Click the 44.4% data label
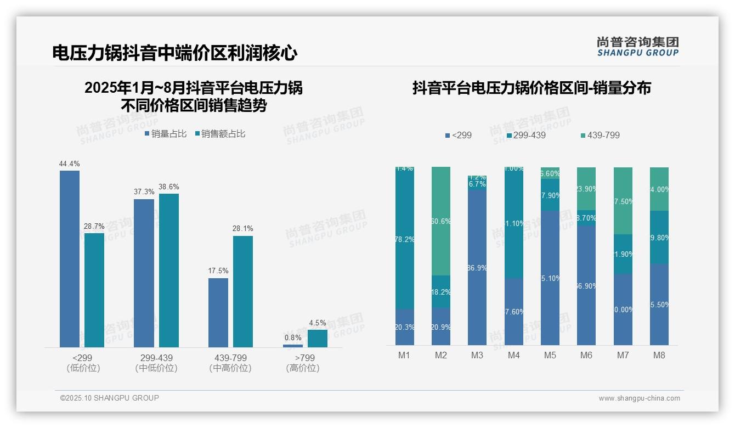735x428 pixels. coord(70,164)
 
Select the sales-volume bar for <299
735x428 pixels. coord(70,258)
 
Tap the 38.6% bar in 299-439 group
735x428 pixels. coord(169,270)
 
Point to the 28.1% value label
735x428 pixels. coord(242,228)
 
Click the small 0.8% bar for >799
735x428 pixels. coord(293,346)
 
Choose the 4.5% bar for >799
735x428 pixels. coord(318,339)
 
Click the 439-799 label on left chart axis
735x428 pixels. coord(230,358)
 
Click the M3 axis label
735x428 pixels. coord(477,355)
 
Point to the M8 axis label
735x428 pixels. coord(659,355)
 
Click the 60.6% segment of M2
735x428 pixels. coord(441,221)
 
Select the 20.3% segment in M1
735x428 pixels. coord(405,327)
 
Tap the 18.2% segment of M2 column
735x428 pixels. coord(441,292)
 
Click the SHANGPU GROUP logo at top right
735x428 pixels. coord(637,47)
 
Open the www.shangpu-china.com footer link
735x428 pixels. coord(639,398)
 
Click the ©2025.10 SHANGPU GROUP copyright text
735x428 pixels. coord(110,398)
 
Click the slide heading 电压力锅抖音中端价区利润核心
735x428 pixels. coord(175,53)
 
